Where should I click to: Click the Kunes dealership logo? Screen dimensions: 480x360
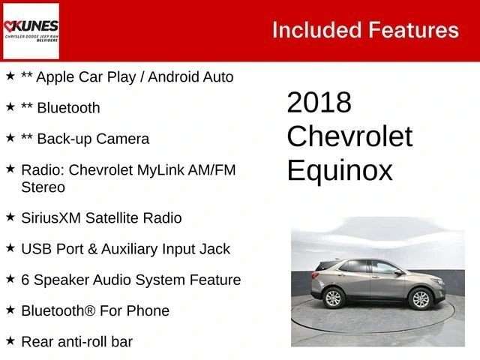pyautogui.click(x=31, y=31)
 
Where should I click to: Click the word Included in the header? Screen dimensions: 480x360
pyautogui.click(x=316, y=30)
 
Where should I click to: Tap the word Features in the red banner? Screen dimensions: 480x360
pyautogui.click(x=413, y=30)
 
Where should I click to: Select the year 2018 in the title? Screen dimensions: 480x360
pyautogui.click(x=319, y=102)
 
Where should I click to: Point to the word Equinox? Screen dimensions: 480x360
pyautogui.click(x=340, y=170)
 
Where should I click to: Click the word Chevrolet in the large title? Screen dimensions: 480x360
pyautogui.click(x=349, y=136)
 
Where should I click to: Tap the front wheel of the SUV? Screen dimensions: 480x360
pyautogui.click(x=420, y=298)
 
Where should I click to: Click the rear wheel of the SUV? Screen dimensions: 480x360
pyautogui.click(x=333, y=298)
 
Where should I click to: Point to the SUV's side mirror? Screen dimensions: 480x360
pyautogui.click(x=398, y=271)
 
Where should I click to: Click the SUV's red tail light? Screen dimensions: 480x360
pyautogui.click(x=315, y=274)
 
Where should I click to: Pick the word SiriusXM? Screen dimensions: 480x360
pyautogui.click(x=51, y=218)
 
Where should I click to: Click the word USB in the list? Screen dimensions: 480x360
pyautogui.click(x=37, y=249)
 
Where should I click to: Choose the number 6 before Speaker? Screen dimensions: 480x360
pyautogui.click(x=25, y=280)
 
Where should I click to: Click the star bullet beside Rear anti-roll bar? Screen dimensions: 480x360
pyautogui.click(x=10, y=340)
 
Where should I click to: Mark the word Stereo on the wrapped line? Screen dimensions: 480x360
pyautogui.click(x=43, y=187)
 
